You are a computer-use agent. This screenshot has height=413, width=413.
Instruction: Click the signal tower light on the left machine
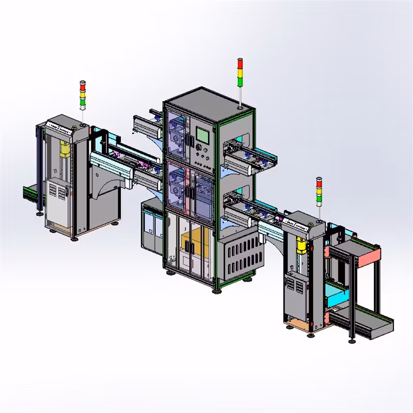coord(82,94)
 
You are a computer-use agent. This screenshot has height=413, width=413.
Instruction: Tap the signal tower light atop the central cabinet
coord(239,73)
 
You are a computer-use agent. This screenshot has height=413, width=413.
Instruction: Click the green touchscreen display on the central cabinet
coord(202,135)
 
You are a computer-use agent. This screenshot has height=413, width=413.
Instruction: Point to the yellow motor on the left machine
coord(65,149)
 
